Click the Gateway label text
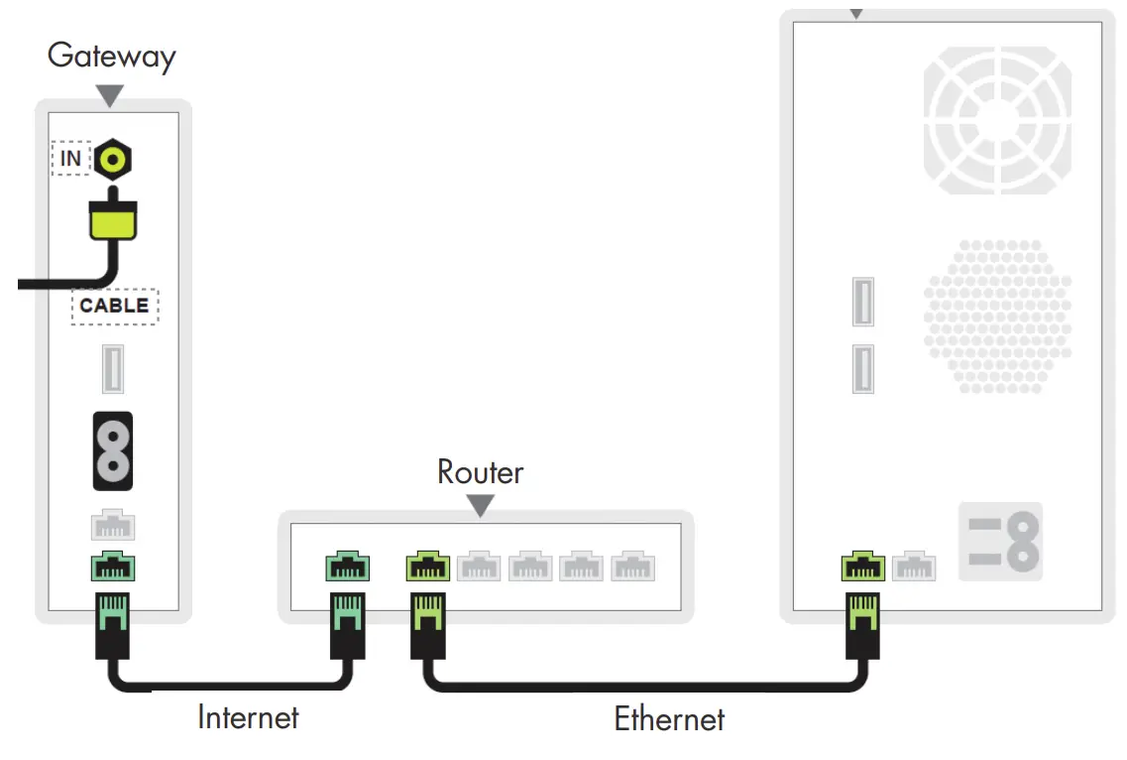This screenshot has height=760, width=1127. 111,56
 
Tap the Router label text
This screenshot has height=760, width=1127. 480,472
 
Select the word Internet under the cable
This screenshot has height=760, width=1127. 248,715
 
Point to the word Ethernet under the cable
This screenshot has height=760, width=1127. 669,718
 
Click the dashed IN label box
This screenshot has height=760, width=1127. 70,158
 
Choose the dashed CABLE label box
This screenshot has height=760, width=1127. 114,306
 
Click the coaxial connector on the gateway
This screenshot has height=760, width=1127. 114,159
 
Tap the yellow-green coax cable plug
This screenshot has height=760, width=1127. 113,219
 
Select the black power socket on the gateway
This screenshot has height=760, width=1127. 113,450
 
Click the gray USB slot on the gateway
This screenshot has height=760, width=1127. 113,370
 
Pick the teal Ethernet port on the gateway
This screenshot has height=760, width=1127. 113,568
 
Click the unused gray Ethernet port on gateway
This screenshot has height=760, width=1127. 113,525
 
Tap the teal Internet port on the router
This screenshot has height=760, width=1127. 348,568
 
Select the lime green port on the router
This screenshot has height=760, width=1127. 428,568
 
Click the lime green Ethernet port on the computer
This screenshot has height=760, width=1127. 862,567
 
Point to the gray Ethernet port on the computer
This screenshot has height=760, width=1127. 913,567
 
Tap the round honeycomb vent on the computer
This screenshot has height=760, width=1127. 997,316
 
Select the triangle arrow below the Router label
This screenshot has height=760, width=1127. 480,506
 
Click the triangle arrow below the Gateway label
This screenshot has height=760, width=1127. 109,95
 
